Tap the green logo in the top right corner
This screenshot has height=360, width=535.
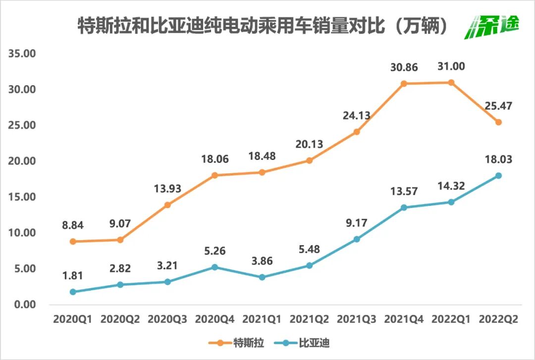click(492, 26)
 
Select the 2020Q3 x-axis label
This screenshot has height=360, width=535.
click(167, 319)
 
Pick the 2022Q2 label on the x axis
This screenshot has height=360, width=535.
click(498, 319)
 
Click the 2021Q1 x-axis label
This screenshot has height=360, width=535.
click(262, 319)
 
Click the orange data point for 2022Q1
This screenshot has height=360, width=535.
click(451, 82)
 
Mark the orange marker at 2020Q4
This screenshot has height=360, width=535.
click(214, 175)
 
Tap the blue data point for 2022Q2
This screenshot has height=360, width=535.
click(498, 176)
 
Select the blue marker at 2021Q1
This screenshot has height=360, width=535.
click(262, 277)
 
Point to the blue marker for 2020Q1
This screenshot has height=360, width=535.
click(73, 292)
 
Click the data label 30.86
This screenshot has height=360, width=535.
click(404, 68)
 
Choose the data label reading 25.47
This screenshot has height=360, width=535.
click(498, 105)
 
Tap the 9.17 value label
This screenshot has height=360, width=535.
click(356, 223)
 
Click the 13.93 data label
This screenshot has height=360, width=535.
click(167, 189)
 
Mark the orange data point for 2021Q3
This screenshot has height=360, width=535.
click(357, 132)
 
